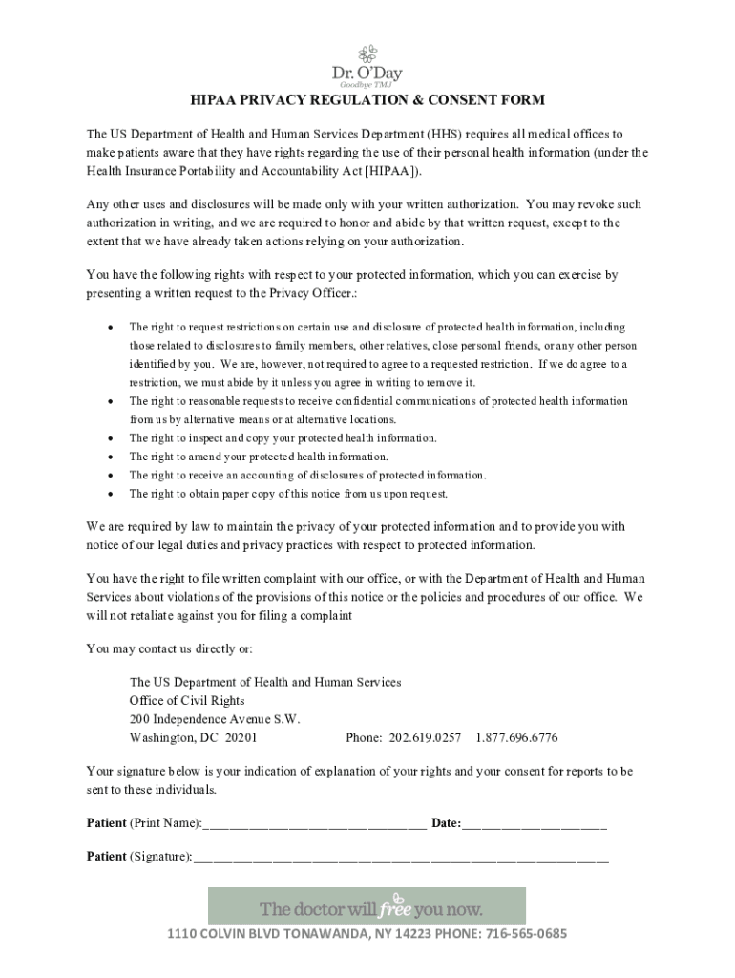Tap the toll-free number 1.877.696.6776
tap(516, 738)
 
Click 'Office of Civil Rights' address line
tap(187, 701)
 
